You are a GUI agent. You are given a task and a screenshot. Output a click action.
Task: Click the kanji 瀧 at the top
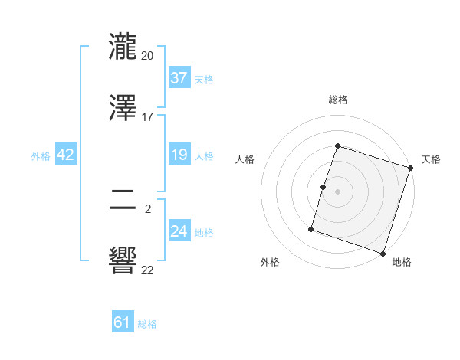point(123,46)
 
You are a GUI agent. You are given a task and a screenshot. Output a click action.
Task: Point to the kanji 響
point(123,260)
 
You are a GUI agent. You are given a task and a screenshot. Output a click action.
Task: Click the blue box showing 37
point(179,78)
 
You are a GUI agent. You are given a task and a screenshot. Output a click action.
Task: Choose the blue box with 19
point(179,155)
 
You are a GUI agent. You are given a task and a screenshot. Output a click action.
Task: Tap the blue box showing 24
point(179,231)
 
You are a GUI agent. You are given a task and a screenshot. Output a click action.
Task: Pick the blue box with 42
point(66,155)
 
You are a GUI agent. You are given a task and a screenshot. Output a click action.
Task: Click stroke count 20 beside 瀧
point(148,55)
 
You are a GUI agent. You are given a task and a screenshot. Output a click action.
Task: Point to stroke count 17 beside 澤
point(148,116)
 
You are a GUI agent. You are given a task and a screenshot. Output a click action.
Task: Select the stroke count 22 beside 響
point(148,269)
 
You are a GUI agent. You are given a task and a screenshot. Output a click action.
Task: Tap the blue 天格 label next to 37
point(204,80)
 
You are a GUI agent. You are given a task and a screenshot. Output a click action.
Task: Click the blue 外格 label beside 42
point(41,156)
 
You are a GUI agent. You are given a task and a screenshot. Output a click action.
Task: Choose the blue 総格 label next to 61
point(147,324)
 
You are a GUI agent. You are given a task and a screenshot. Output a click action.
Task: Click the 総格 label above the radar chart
point(338,100)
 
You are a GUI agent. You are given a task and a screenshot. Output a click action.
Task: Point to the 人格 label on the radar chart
point(245,159)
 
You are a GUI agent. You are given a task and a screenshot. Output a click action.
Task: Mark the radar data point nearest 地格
point(383,253)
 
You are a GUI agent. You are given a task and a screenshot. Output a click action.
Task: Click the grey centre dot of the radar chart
point(338,189)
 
